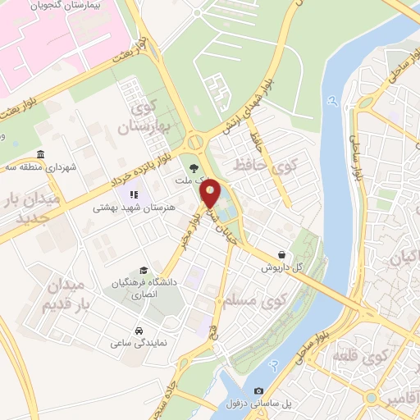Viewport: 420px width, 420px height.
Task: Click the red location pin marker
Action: click(211, 194)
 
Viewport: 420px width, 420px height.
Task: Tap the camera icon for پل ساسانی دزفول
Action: click(259, 390)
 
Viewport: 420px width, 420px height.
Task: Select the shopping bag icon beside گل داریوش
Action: click(282, 255)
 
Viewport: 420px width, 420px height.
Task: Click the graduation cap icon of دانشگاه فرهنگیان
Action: click(144, 270)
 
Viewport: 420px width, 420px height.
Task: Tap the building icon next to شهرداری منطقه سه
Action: click(41, 155)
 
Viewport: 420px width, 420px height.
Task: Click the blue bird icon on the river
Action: click(332, 102)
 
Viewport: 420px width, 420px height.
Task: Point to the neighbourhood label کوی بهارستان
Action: click(148, 117)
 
